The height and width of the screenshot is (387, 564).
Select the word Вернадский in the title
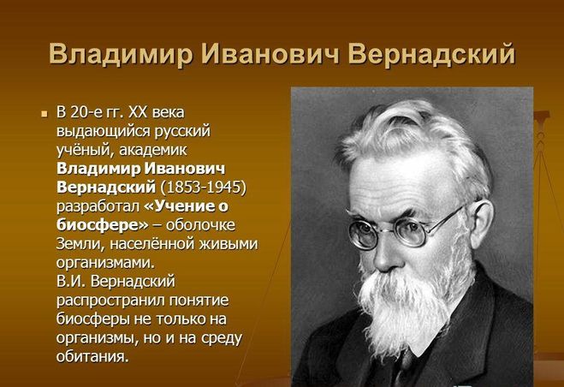click(x=431, y=54)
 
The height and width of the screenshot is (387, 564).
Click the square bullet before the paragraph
click(x=45, y=114)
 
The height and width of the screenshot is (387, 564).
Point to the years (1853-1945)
click(x=204, y=188)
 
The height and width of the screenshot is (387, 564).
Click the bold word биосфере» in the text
click(x=102, y=225)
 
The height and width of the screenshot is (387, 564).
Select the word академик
click(x=153, y=150)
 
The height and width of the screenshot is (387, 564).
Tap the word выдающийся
click(x=103, y=131)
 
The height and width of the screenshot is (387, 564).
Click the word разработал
click(x=98, y=206)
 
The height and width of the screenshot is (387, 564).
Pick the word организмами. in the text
click(x=105, y=263)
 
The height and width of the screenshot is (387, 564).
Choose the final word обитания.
click(x=92, y=356)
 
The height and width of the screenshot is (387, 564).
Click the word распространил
click(x=110, y=301)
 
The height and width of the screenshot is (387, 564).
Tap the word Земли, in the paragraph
click(x=80, y=244)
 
